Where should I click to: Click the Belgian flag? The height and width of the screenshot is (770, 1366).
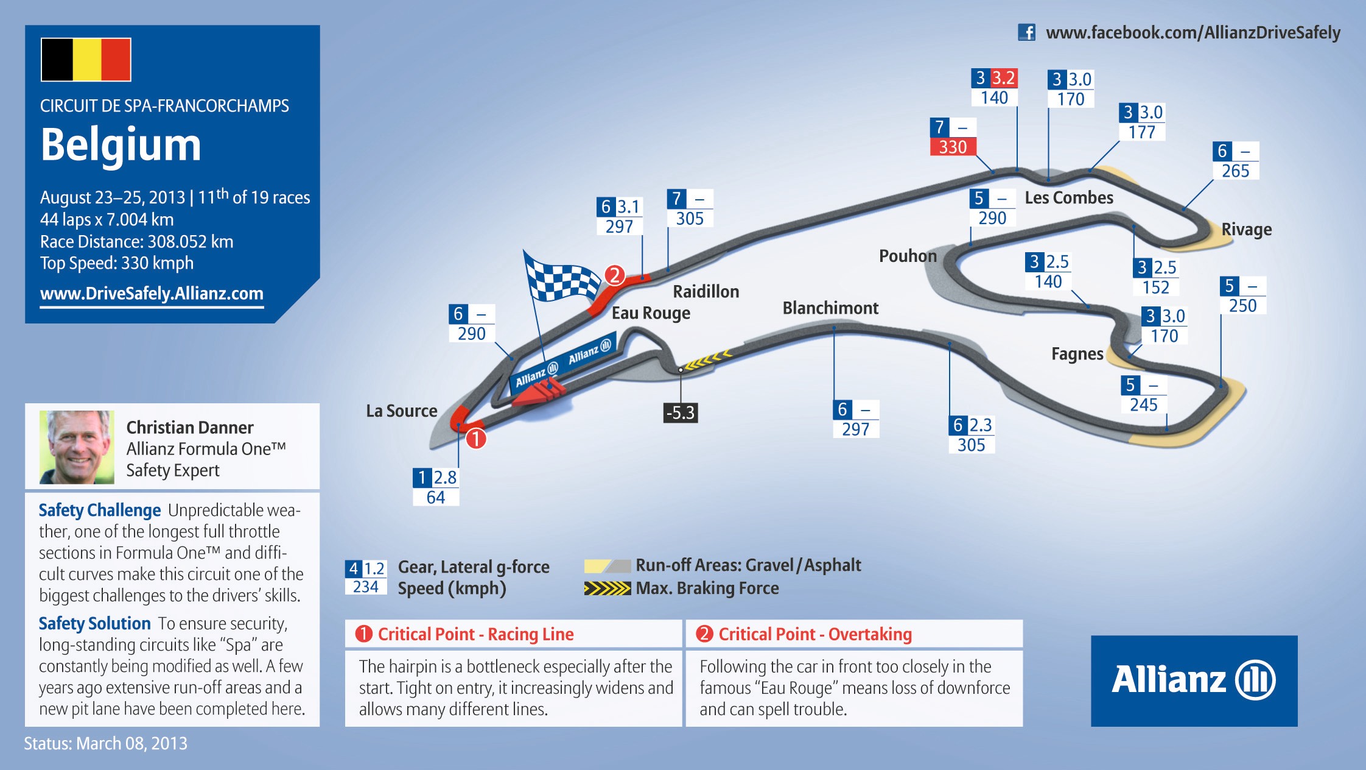(86, 60)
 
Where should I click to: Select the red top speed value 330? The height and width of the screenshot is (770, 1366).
(953, 147)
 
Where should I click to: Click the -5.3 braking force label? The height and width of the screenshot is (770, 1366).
(681, 412)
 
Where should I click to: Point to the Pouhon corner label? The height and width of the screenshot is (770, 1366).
(908, 256)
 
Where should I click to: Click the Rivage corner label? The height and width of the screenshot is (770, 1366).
(1246, 230)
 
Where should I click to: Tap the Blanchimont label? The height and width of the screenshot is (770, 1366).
(830, 308)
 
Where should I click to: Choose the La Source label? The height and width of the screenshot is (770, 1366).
(402, 411)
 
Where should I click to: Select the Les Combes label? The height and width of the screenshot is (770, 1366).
(1069, 197)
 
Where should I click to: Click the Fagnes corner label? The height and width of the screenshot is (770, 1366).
(1077, 355)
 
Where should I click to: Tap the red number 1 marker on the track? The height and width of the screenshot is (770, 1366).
(476, 439)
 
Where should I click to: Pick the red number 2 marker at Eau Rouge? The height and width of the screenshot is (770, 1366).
(615, 275)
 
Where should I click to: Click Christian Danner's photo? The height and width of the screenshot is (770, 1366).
(77, 447)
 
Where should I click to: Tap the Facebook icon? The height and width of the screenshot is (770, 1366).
(1026, 32)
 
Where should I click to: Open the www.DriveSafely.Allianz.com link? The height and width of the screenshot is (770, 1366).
(152, 294)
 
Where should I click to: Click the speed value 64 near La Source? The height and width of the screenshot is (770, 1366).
(436, 497)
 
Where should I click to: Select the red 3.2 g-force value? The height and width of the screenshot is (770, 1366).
(1003, 78)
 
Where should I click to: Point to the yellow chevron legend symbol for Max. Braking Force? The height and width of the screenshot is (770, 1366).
(607, 588)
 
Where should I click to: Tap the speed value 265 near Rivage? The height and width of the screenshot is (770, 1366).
(1236, 171)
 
